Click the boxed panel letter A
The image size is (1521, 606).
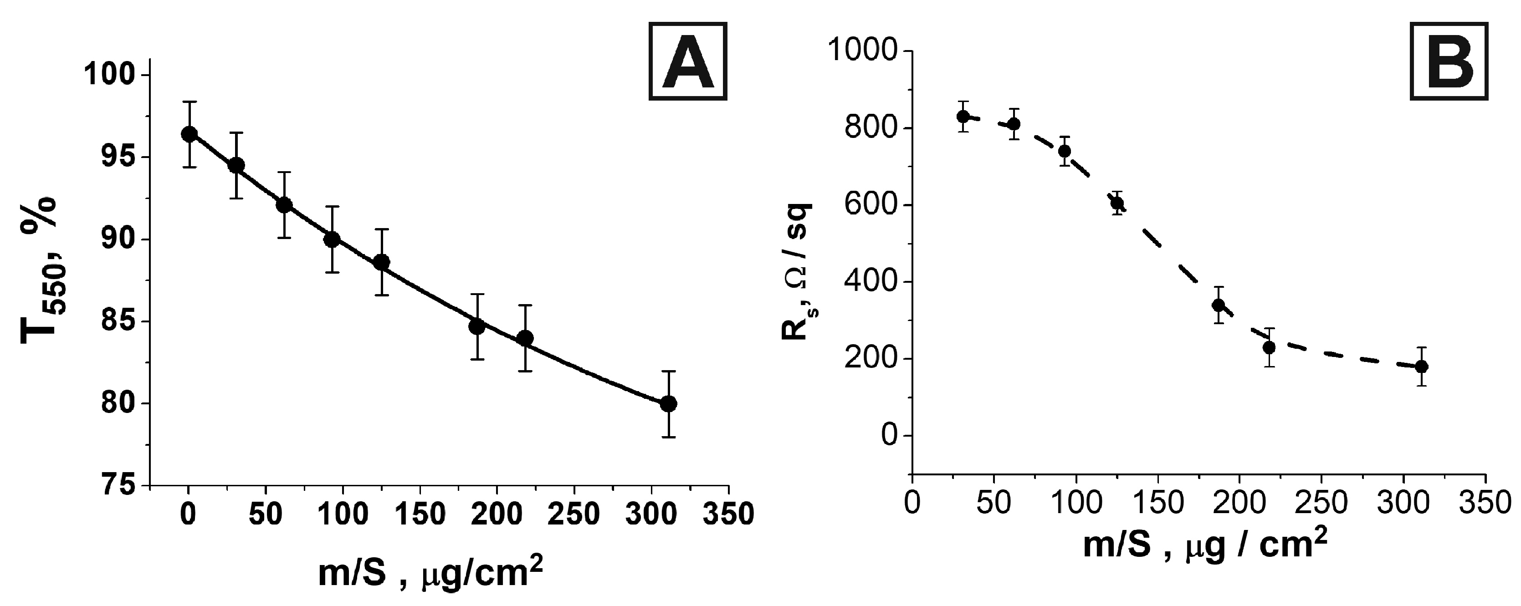[x=688, y=61]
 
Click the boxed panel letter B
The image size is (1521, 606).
[x=1449, y=61]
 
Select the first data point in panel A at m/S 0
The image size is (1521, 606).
[x=189, y=134]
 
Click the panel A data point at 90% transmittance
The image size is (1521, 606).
[x=332, y=239]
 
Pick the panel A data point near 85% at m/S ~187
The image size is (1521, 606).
[x=476, y=326]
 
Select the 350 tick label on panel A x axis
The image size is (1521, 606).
[x=728, y=514]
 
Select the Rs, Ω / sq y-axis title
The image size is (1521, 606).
[x=798, y=271]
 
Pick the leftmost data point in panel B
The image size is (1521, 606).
[x=963, y=116]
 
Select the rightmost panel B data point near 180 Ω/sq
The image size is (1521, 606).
[x=1422, y=367]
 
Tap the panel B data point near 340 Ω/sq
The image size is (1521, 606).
[x=1218, y=305]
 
